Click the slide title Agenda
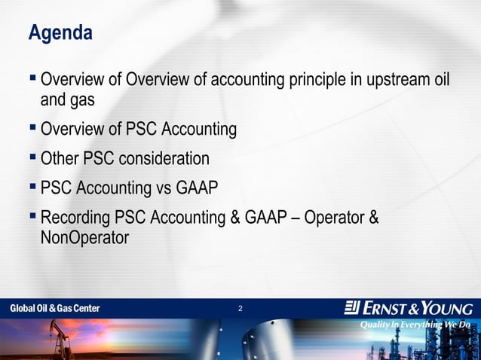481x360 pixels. (60, 34)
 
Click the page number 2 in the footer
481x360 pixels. (240, 309)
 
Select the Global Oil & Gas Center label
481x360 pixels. (54, 309)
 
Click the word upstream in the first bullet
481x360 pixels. (393, 79)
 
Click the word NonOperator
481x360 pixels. (84, 238)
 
